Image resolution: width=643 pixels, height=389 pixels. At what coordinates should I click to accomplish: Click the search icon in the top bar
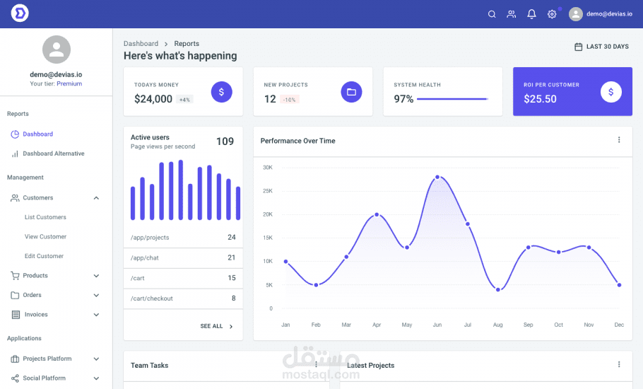click(x=492, y=14)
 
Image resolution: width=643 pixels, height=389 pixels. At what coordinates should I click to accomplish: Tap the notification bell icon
click(x=531, y=14)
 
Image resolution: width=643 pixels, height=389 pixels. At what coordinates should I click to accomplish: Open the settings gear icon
click(x=552, y=14)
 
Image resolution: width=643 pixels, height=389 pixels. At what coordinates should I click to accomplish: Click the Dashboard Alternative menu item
click(x=53, y=153)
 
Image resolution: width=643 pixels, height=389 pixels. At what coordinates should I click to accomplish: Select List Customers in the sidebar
click(x=45, y=217)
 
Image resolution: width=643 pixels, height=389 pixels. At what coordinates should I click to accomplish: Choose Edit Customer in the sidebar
click(x=44, y=256)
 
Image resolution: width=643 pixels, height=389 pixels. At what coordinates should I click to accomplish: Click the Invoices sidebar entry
click(x=35, y=315)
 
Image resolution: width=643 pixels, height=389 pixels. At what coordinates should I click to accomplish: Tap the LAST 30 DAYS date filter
click(x=601, y=47)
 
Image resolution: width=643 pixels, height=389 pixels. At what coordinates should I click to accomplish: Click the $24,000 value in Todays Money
click(x=153, y=99)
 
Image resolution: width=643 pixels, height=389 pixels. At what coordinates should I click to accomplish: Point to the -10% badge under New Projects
click(x=289, y=100)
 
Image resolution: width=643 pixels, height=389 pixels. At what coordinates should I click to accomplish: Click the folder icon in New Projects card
click(x=351, y=92)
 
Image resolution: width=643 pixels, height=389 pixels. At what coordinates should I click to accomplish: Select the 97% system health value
click(x=403, y=99)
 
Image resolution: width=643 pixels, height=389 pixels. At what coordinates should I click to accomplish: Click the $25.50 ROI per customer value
click(x=540, y=99)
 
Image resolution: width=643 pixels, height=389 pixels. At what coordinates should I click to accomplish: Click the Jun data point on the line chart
click(x=437, y=177)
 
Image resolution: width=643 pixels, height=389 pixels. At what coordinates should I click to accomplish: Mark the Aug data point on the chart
click(x=498, y=290)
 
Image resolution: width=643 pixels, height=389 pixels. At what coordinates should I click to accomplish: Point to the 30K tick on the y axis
click(x=268, y=168)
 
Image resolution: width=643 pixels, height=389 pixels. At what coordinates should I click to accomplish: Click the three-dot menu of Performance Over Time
click(x=619, y=140)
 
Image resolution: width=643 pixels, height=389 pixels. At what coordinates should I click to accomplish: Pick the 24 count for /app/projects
click(x=232, y=238)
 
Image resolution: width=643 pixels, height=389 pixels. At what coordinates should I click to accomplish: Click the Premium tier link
click(x=69, y=83)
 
